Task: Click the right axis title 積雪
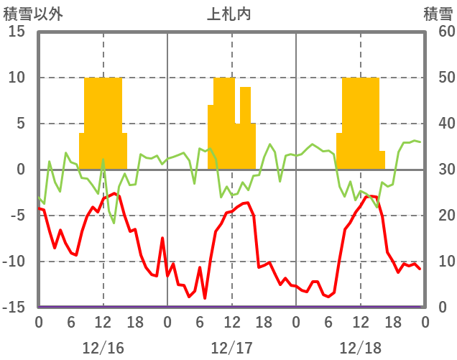point(438,14)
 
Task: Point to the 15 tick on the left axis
point(18,32)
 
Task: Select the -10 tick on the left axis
point(15,262)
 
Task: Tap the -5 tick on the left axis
point(18,216)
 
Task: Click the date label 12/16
point(103,348)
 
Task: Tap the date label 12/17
point(231,348)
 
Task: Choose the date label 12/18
point(361,348)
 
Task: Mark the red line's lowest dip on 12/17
point(205,297)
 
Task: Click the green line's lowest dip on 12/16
point(114,223)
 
